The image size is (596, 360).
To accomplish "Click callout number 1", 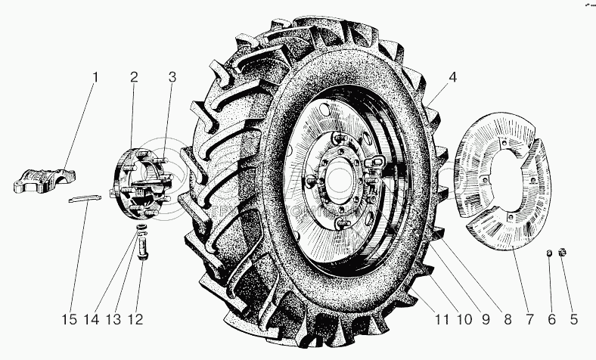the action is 95,77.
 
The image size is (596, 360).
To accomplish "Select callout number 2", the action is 133,76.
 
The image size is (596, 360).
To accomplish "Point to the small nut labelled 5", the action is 562,252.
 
